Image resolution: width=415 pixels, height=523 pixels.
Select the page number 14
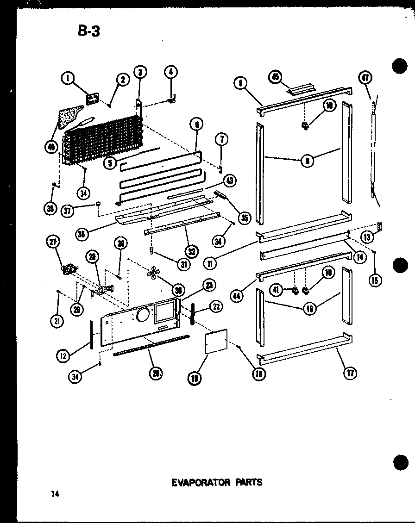coord(56,494)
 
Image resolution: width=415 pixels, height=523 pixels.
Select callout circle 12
coord(63,355)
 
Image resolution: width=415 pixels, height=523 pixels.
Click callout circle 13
coord(367,237)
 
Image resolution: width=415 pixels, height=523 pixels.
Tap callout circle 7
coord(222,139)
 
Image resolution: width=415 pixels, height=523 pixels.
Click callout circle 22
coord(216,306)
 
